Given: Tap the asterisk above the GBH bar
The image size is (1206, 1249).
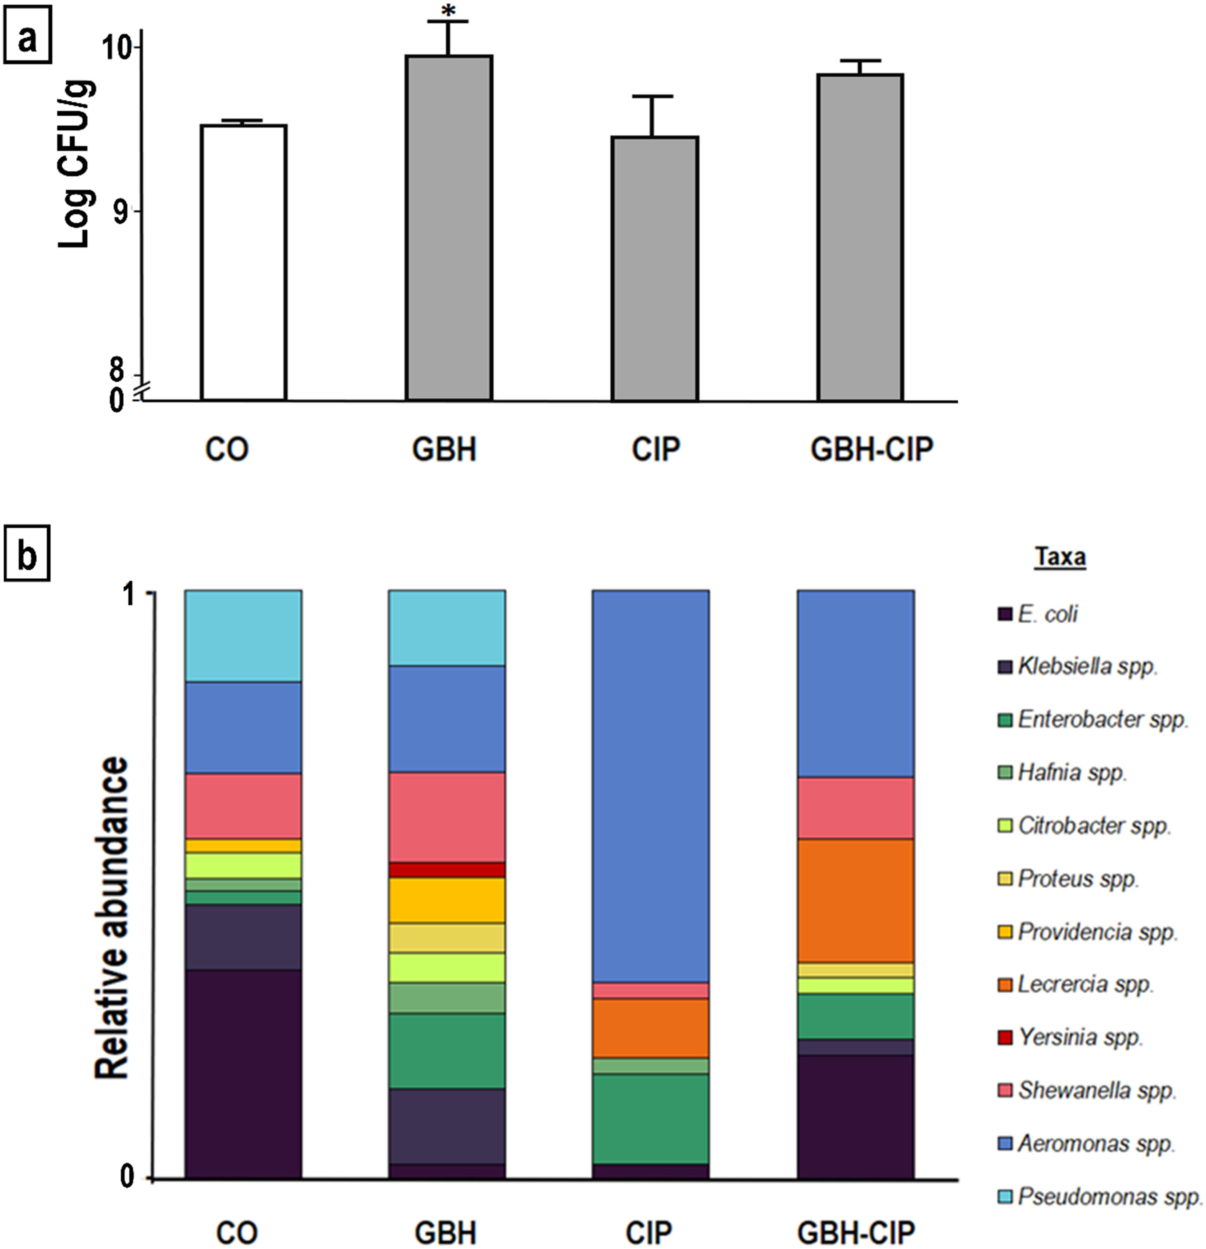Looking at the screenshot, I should click(x=449, y=12).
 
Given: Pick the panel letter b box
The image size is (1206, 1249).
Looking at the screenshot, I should click(x=27, y=556).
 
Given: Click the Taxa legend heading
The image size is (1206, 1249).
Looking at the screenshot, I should click(x=1060, y=556).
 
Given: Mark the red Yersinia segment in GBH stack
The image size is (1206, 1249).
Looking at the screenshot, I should click(x=447, y=870).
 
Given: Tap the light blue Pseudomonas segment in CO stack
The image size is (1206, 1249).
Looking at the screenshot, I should click(x=243, y=636).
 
